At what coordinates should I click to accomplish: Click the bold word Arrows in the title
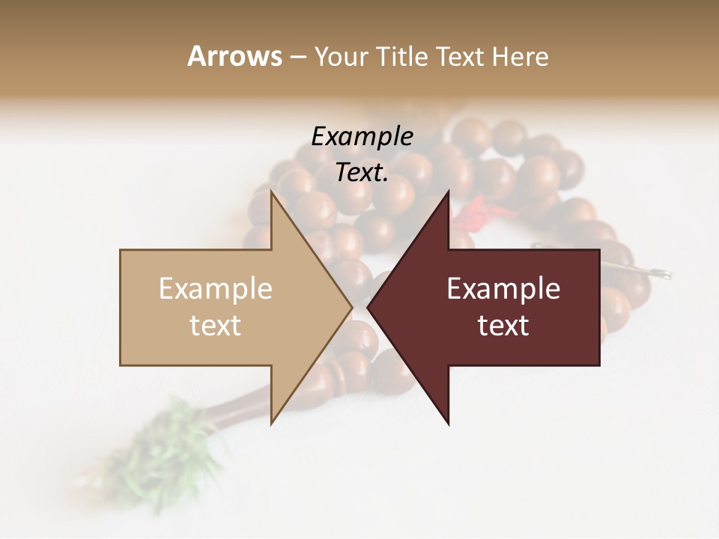coord(234,56)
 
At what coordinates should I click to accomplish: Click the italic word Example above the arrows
coord(362,136)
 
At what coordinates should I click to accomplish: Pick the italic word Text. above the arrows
coord(362,172)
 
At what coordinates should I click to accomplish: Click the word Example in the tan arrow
coord(216,288)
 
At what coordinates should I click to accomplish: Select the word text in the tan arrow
coord(216,325)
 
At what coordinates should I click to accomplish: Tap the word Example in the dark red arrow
coord(503,288)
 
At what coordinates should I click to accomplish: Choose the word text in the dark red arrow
coord(503,325)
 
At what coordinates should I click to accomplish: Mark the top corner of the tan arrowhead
coord(272,193)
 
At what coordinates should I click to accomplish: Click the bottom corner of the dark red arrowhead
coord(448,423)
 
